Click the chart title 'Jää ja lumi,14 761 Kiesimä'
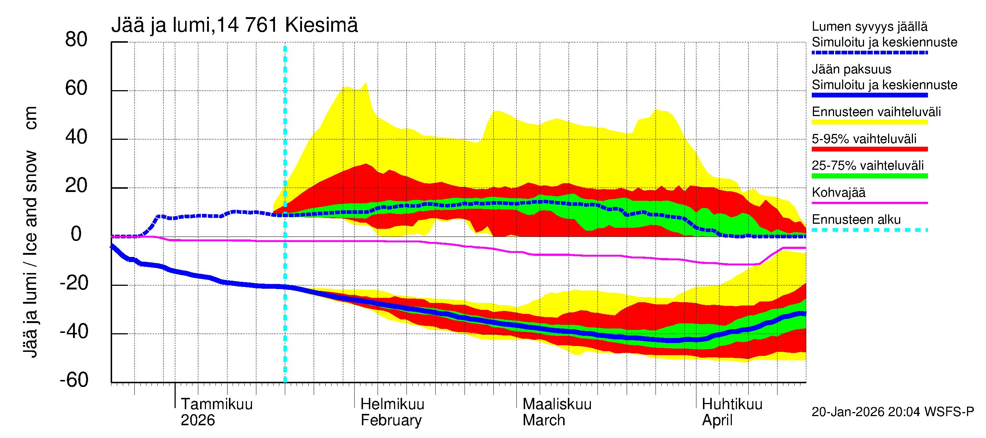pos(234,25)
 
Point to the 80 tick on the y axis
pos(76,40)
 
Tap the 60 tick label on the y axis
pos(76,88)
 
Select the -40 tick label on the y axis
pos(74,332)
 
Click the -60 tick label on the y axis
pos(74,380)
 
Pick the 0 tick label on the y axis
pos(76,234)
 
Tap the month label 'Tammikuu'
pos(217,404)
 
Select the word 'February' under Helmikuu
pos(391,420)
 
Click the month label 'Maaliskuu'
pos(557,404)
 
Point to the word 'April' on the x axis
pos(717,420)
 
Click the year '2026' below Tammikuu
pos(198,420)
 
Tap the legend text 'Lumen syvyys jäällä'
pos(869,27)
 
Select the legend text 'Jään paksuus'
pos(851,69)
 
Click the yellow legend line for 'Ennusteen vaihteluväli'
pos(869,122)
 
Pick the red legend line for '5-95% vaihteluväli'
pos(869,149)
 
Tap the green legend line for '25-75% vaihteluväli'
pos(869,176)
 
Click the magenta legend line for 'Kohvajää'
pos(869,203)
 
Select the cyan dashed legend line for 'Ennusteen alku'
pos(869,230)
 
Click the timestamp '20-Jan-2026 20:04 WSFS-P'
pos(893,412)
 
